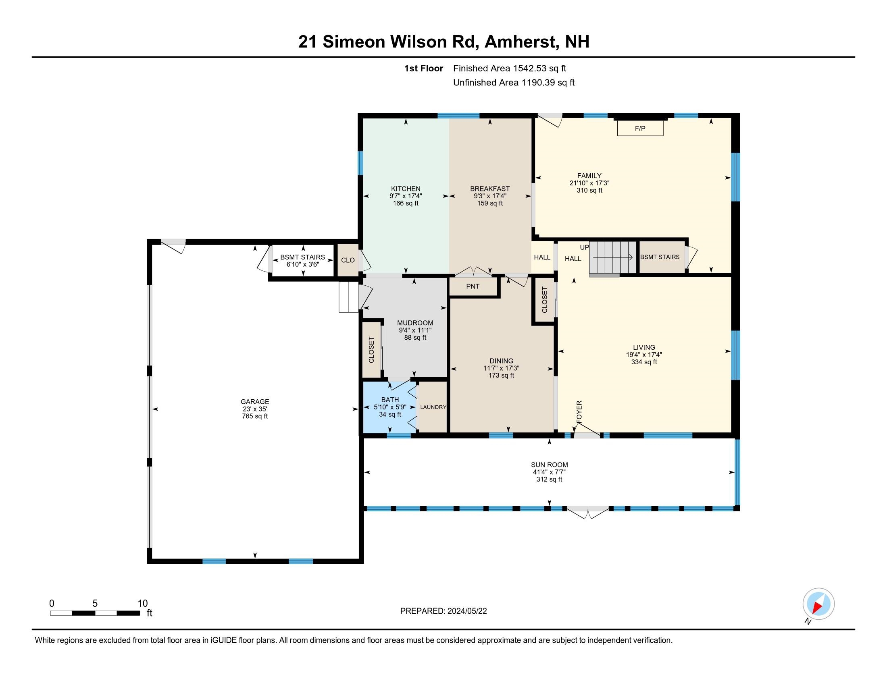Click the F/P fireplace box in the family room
point(640,128)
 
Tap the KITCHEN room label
point(405,189)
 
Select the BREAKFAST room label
point(490,189)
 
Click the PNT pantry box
point(473,286)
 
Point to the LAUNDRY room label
point(433,407)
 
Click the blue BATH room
point(389,407)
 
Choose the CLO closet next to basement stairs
point(348,260)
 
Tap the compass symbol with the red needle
point(818,604)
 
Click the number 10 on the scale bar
point(143,603)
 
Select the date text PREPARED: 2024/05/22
point(443,611)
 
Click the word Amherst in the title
point(520,42)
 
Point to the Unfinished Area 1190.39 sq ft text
point(514,82)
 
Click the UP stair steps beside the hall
point(612,257)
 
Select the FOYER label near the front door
point(579,412)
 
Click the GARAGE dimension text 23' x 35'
point(255,409)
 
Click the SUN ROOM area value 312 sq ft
point(549,479)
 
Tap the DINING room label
point(501,361)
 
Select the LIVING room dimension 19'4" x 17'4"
point(644,355)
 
